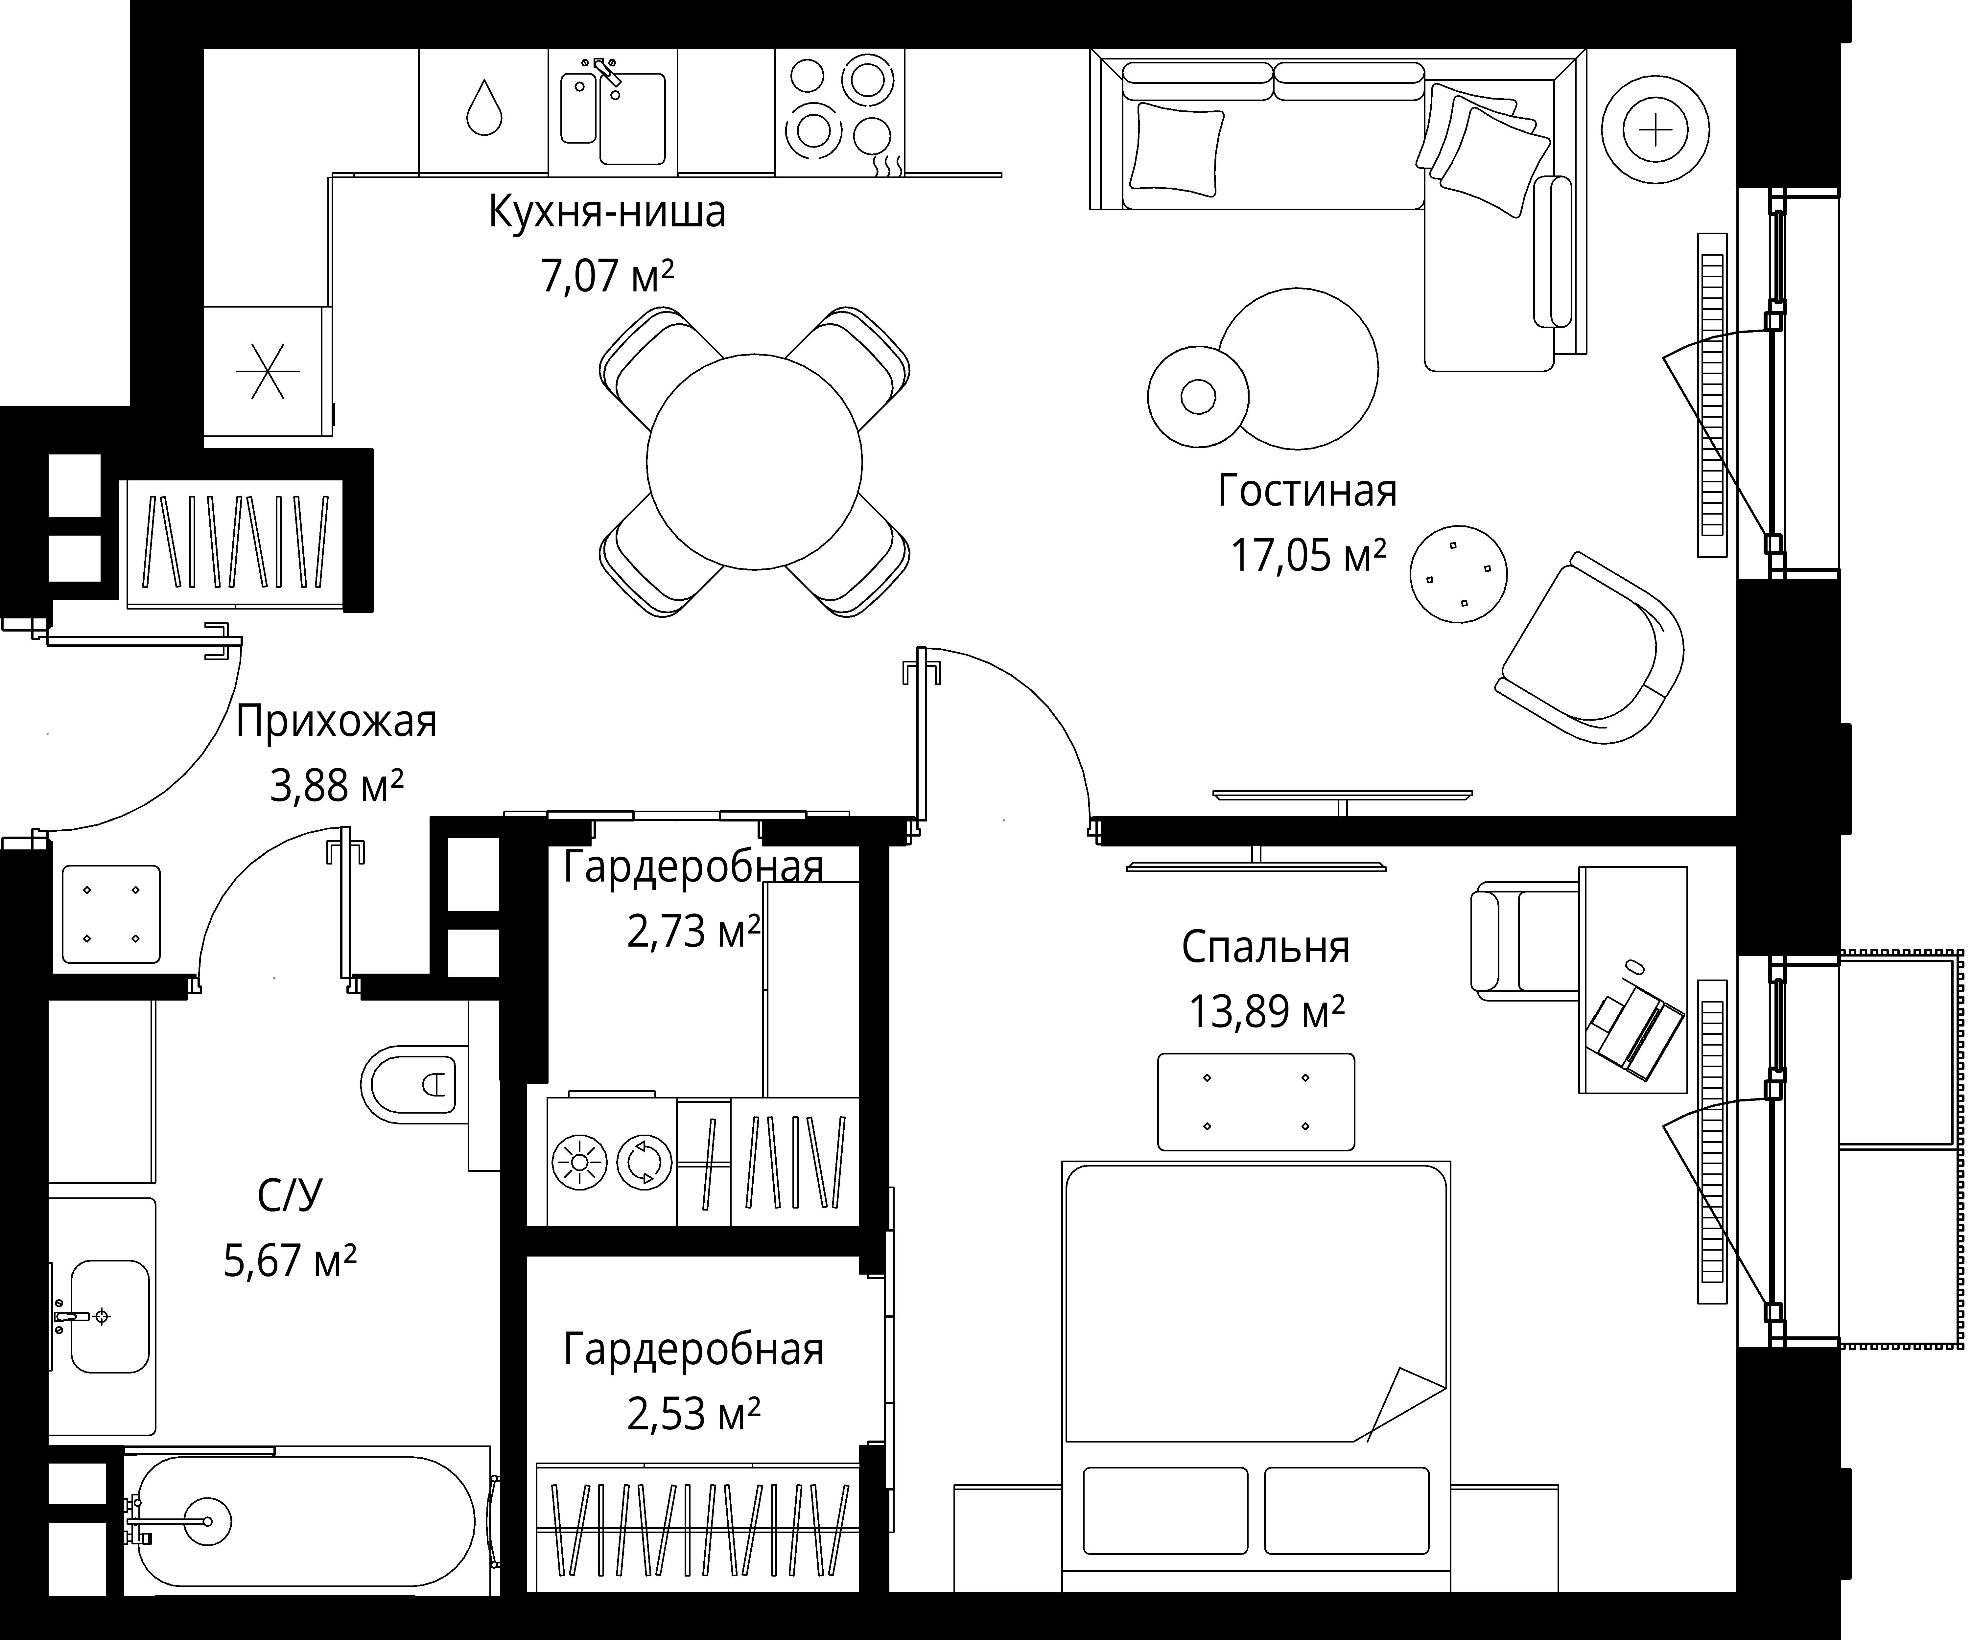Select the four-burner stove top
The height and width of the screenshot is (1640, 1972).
(x=839, y=111)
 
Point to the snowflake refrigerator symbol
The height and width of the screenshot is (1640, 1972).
(x=268, y=371)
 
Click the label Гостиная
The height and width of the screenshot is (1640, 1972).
(x=1307, y=491)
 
